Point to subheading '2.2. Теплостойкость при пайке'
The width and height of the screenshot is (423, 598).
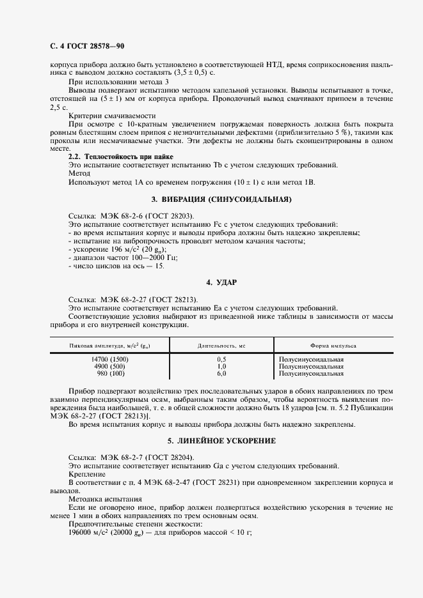tap(120, 157)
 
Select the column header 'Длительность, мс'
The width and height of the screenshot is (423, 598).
tap(221, 346)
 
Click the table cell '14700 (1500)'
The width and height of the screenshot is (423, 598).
tap(110, 360)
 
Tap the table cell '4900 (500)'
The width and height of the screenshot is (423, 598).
tap(110, 367)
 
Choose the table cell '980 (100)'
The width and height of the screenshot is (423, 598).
tap(110, 374)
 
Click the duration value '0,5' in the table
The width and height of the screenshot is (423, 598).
tap(221, 360)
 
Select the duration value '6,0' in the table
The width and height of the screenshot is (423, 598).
tap(221, 374)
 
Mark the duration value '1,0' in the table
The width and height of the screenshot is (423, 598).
tap(221, 367)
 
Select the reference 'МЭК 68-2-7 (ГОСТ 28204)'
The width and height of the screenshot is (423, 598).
tap(147, 457)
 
